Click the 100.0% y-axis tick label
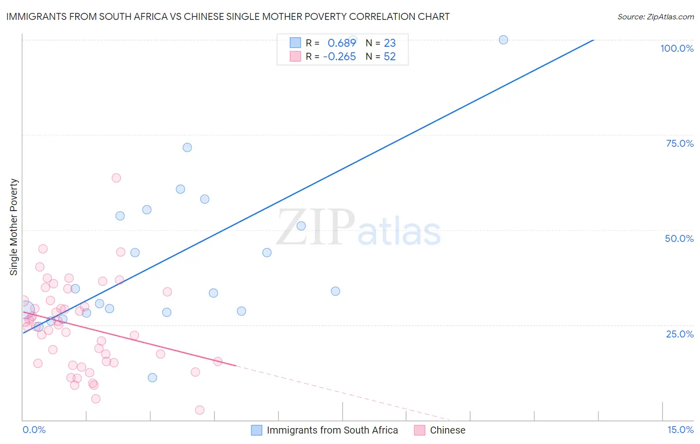[x=677, y=48]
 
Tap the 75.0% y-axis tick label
[x=680, y=143]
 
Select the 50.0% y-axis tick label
[x=679, y=238]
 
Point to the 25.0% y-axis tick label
[x=680, y=334]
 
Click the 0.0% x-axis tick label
[x=34, y=430]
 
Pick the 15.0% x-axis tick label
[x=680, y=430]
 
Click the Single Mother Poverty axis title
[x=14, y=227]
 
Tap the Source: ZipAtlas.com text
[x=655, y=16]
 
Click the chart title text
[x=228, y=16]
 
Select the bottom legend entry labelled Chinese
[x=447, y=430]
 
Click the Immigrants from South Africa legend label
[x=332, y=430]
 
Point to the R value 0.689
[x=342, y=43]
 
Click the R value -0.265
[x=340, y=57]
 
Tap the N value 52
[x=389, y=57]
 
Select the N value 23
[x=389, y=43]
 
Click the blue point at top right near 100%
[x=503, y=40]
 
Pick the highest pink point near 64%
[x=117, y=178]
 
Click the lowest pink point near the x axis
[x=200, y=410]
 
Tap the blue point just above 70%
[x=187, y=147]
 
